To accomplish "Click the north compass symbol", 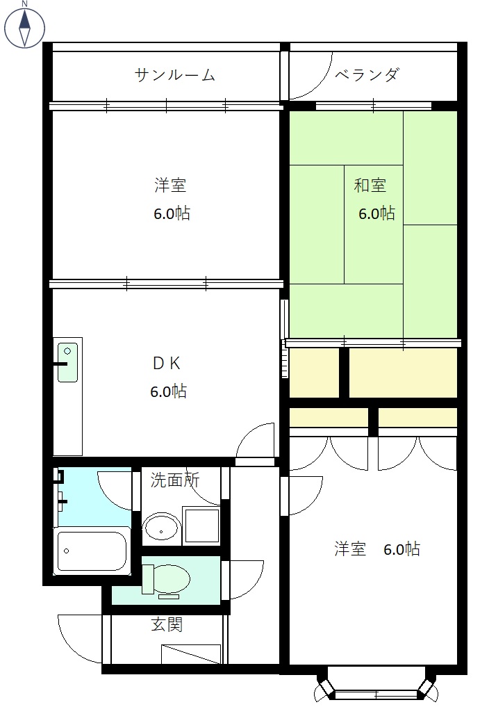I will tap(25, 26).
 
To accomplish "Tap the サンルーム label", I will tap(174, 75).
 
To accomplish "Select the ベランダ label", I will tap(367, 75).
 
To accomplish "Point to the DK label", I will tap(167, 363).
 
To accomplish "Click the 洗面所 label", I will tap(175, 479).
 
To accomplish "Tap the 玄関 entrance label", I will tap(167, 624).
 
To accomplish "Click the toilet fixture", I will tap(167, 579).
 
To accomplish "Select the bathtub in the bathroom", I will tap(91, 551).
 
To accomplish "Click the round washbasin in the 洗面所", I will tap(162, 528).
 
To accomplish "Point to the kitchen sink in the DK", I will tap(67, 362).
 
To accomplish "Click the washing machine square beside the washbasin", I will tap(201, 526).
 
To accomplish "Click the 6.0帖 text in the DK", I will tap(168, 391).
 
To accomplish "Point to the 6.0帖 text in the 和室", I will tap(376, 213).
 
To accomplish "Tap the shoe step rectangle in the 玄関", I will tap(191, 654).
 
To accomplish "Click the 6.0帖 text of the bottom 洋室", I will tap(401, 549).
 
